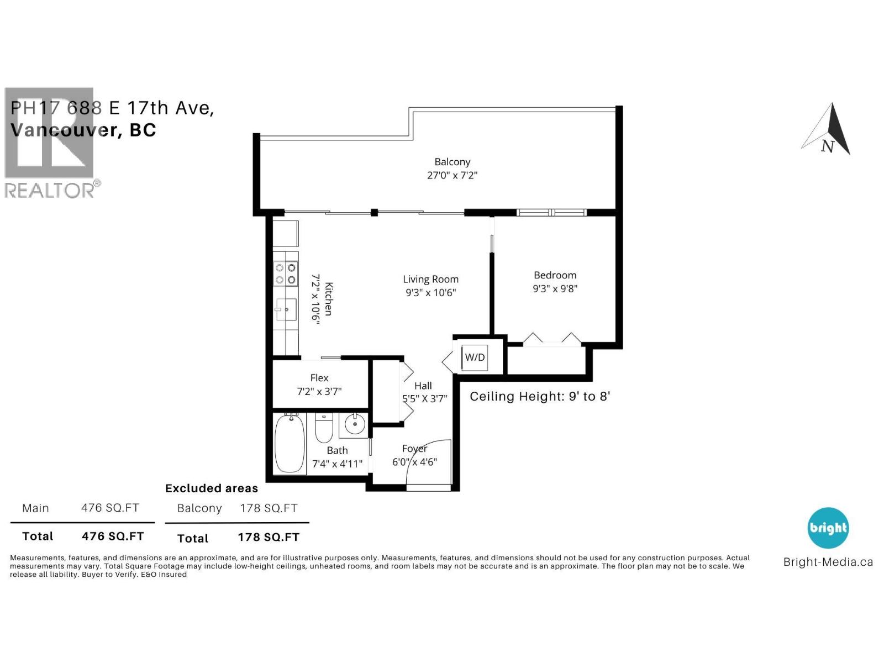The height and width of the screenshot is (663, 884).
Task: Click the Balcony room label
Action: [x=452, y=162]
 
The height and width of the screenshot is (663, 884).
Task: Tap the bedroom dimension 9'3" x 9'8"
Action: [x=555, y=288]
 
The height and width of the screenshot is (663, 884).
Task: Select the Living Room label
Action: [x=430, y=280]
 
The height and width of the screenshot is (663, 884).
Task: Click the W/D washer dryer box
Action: [x=475, y=357]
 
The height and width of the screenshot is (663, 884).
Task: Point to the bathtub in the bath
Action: [x=290, y=443]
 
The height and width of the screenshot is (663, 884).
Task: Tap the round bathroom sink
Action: [x=354, y=424]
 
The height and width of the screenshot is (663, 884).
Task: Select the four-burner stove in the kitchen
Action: [x=286, y=273]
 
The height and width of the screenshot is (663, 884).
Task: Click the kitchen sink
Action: [x=287, y=309]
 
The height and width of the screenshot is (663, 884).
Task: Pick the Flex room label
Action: [x=319, y=378]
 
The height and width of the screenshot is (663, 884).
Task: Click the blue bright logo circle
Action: [x=828, y=528]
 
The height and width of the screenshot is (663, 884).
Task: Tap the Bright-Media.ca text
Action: [x=828, y=562]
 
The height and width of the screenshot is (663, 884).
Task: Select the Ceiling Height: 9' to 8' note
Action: [x=539, y=397]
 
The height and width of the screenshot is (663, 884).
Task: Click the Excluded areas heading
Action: [x=212, y=488]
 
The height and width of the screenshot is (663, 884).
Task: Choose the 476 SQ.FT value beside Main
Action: [x=110, y=508]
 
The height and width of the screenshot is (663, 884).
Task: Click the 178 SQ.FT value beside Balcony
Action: [x=269, y=508]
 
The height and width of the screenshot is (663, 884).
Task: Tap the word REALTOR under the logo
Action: [x=50, y=191]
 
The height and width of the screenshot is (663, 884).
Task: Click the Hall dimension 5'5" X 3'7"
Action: [x=424, y=399]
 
